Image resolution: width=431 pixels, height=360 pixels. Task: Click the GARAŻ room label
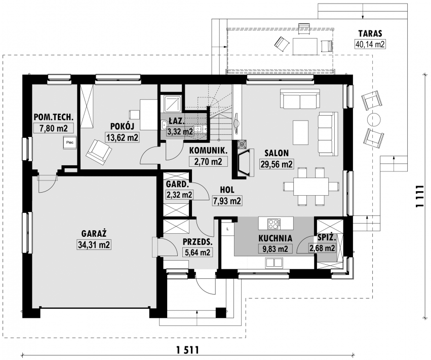[x=94, y=234]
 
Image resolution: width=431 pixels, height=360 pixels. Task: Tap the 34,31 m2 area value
[x=94, y=245]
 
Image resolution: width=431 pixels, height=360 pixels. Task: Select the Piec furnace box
[x=69, y=142]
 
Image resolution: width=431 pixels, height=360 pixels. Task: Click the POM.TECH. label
[x=54, y=117]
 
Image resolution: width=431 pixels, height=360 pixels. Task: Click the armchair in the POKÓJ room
[x=99, y=152]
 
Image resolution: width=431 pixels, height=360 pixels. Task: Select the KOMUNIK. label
[x=208, y=151]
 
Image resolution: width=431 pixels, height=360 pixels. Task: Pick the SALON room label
[x=277, y=153]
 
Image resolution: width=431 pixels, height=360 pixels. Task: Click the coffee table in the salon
[x=300, y=132]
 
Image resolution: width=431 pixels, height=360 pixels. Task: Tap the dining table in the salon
[x=311, y=186]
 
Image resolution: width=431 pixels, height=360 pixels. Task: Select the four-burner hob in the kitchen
[x=274, y=224]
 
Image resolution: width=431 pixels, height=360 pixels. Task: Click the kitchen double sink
[x=274, y=263]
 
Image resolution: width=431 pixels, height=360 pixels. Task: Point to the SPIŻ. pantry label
[x=326, y=237]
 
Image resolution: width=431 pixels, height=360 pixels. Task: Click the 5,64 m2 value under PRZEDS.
[x=197, y=252]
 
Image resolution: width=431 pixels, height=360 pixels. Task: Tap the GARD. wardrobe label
[x=178, y=184]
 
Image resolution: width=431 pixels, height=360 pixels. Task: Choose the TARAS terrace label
[x=370, y=33]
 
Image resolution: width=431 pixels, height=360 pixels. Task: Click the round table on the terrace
[x=374, y=119]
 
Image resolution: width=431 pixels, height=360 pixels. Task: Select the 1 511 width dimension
[x=187, y=350]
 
